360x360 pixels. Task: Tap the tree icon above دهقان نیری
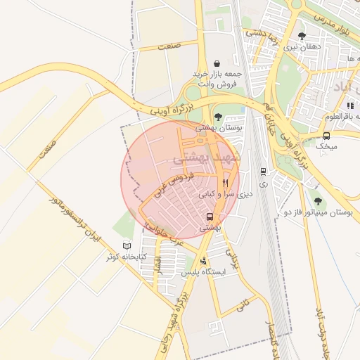point(302,36)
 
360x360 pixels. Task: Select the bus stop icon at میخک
point(326,136)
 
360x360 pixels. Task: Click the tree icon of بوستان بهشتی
point(218,117)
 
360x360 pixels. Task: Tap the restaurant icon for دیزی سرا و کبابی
point(225,181)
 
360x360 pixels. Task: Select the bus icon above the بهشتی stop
point(210,217)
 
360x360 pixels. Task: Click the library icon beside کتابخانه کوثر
point(127,245)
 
